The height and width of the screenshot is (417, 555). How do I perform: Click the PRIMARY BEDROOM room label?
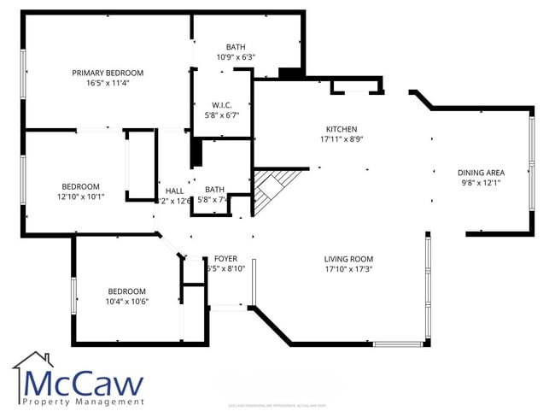tap(108, 73)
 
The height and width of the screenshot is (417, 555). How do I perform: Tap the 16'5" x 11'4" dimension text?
tap(108, 84)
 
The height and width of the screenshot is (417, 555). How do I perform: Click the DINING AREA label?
tap(482, 172)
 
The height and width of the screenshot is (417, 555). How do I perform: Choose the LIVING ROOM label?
tap(348, 259)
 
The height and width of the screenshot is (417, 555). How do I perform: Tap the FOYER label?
tap(225, 258)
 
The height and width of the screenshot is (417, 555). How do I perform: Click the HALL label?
tap(174, 191)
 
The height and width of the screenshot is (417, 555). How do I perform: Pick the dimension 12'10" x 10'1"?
tap(80, 197)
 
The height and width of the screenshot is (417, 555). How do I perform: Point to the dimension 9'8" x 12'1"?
tap(482, 182)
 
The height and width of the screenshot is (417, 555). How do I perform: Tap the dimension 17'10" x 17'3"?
tap(348, 269)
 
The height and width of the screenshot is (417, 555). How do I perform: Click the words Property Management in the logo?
tap(83, 402)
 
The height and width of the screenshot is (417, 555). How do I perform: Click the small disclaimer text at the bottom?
tap(277, 405)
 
